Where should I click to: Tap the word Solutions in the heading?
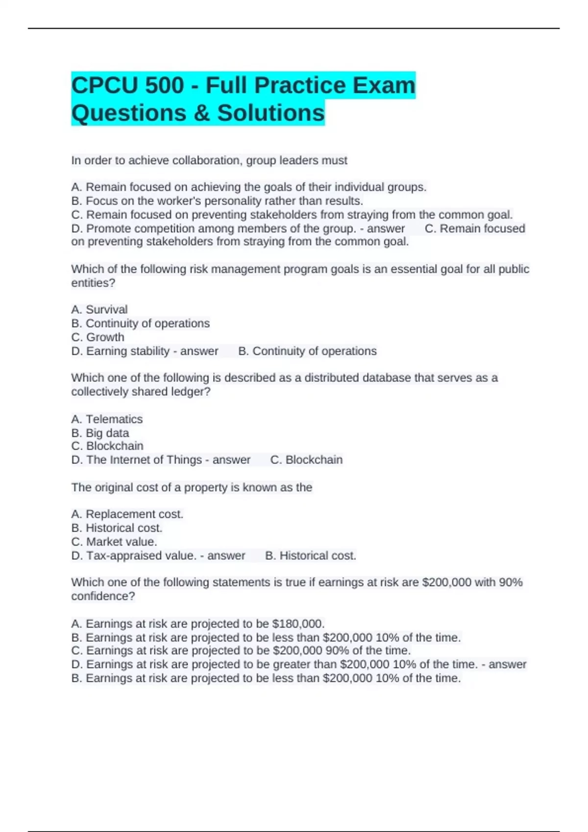tap(270, 113)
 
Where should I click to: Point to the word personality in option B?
tap(233, 201)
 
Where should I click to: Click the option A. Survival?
tap(99, 310)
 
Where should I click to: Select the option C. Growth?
tap(98, 337)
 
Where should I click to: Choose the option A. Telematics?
tap(107, 419)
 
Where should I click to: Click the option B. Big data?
tap(100, 433)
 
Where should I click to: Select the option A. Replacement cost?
tap(127, 514)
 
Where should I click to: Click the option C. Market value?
tap(114, 542)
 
